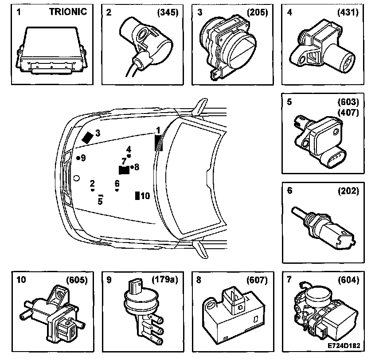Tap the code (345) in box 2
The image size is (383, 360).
168,12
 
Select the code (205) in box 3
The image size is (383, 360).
258,12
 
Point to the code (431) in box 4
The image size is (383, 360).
348,12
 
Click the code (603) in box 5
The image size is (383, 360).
348,102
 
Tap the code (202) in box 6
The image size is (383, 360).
348,191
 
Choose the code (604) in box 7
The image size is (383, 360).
348,280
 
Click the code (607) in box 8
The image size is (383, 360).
258,280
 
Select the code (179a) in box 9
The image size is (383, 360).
165,280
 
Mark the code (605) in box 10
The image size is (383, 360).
77,280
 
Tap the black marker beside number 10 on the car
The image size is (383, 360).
137,196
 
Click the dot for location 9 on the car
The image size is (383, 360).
78,158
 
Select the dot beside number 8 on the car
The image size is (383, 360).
132,167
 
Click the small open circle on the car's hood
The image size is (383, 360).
76,178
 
